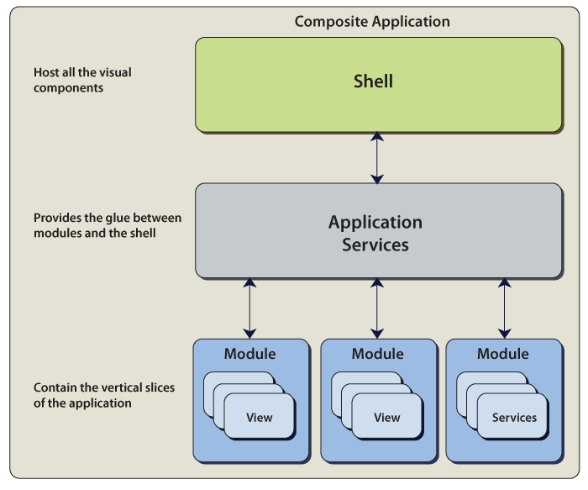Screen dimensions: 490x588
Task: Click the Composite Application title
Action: pos(372,22)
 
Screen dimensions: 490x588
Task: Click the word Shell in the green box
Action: pos(373,82)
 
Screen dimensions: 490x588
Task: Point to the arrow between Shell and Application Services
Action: pos(377,157)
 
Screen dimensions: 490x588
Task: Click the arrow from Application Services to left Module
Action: pos(249,308)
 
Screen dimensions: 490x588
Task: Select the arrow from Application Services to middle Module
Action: pos(377,308)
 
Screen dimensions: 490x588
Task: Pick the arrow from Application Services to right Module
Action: pos(504,308)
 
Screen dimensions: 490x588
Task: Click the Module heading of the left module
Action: pos(249,354)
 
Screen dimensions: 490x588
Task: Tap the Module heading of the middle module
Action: pos(377,354)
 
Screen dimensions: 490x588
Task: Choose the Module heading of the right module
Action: pos(503,354)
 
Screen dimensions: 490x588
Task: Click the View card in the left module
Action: pos(260,418)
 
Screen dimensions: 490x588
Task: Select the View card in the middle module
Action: pos(387,418)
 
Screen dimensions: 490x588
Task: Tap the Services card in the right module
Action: pos(514,418)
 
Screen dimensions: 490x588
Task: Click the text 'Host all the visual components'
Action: pos(82,80)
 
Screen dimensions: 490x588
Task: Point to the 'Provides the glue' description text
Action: pos(108,225)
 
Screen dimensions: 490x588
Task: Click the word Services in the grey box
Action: pos(375,245)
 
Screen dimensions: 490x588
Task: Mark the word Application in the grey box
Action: pos(375,223)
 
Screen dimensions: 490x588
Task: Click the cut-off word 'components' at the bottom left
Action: pos(69,482)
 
